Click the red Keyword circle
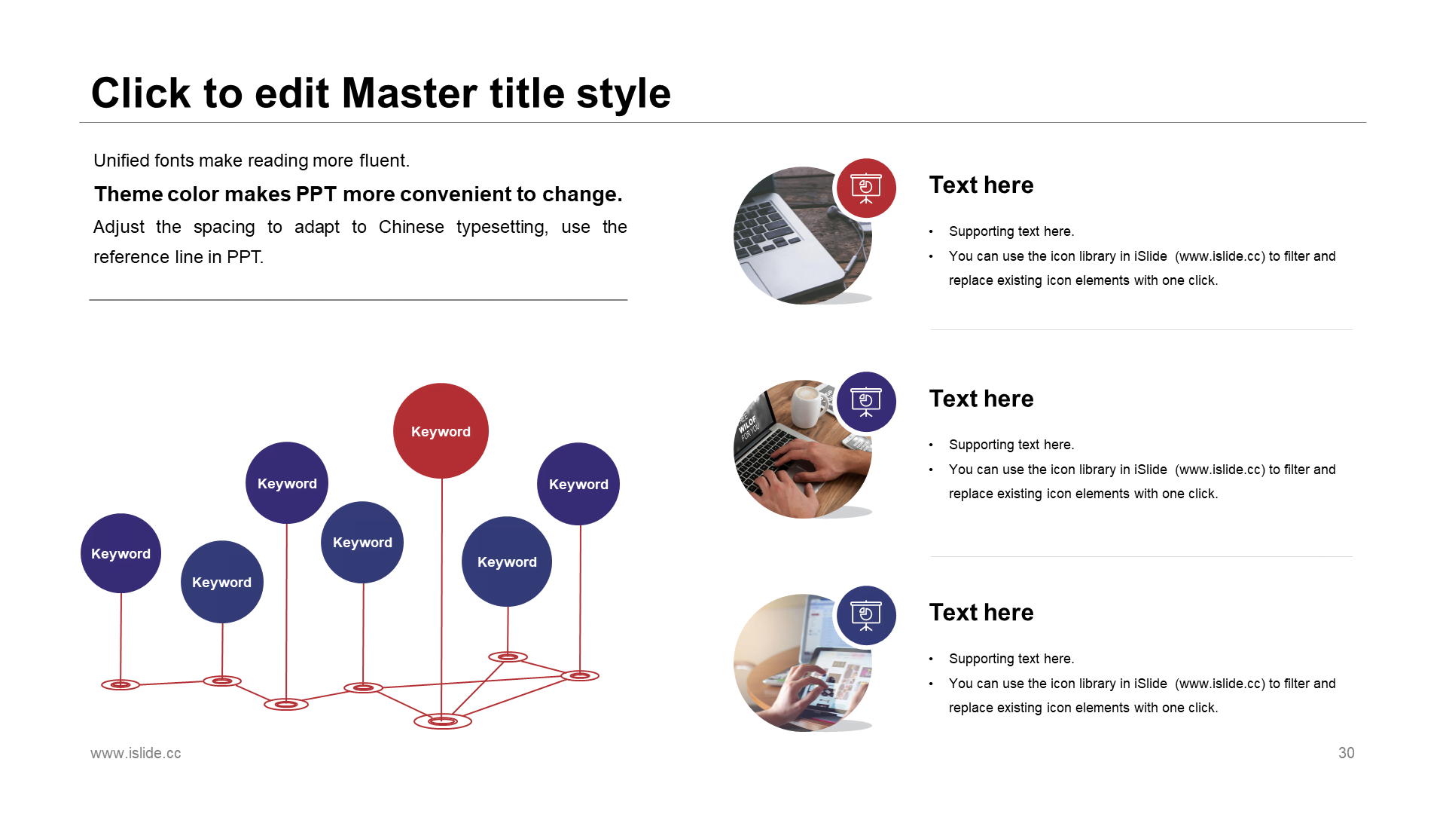[441, 431]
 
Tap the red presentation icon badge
[866, 188]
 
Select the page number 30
[1347, 753]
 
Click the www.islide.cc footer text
[136, 753]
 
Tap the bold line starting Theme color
[358, 194]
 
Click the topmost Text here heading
[981, 185]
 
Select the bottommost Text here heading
[981, 612]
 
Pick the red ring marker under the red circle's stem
[443, 721]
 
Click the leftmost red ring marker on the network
[120, 684]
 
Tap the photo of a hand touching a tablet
[803, 663]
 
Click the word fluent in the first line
[384, 161]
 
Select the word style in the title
[624, 93]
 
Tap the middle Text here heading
[981, 399]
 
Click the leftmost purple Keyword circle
[120, 553]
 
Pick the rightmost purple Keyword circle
[578, 484]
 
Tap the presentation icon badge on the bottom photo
[866, 615]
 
